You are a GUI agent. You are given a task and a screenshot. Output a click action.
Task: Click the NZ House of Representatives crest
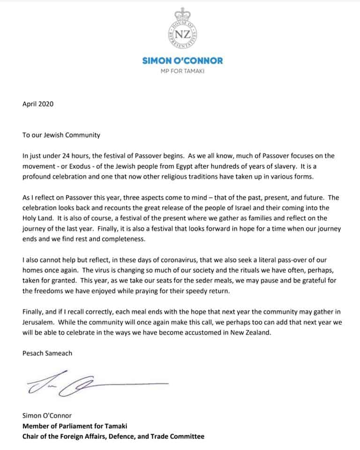(x=180, y=30)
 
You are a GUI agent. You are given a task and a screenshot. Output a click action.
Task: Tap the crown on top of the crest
(x=180, y=13)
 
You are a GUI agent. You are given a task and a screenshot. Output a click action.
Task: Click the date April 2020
(x=38, y=104)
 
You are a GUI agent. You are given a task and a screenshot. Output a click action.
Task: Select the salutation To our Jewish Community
(x=61, y=135)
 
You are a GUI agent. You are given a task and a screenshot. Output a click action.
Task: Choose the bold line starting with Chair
(x=113, y=436)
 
